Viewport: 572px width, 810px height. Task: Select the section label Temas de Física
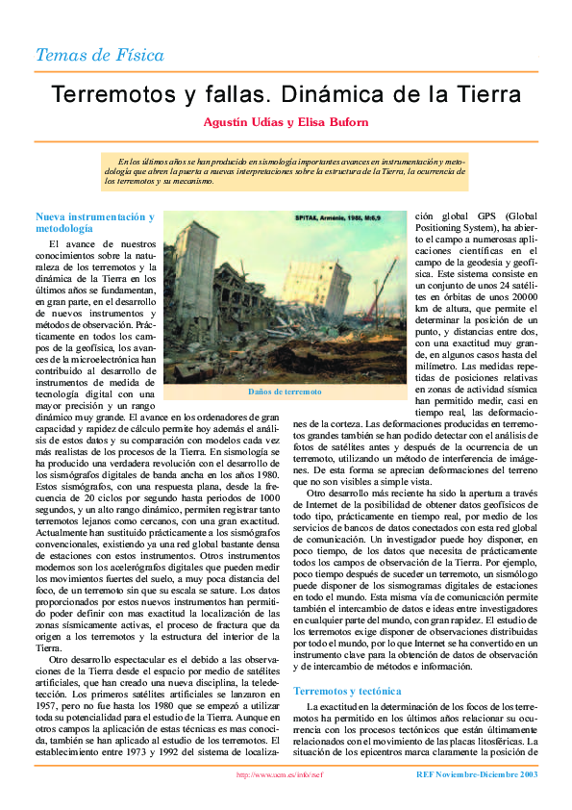click(x=99, y=55)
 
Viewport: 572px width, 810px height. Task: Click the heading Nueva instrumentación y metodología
click(x=94, y=223)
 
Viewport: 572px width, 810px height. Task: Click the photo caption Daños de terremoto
click(x=285, y=392)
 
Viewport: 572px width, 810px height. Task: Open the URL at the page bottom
click(x=279, y=773)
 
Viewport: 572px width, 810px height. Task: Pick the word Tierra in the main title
click(x=490, y=95)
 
